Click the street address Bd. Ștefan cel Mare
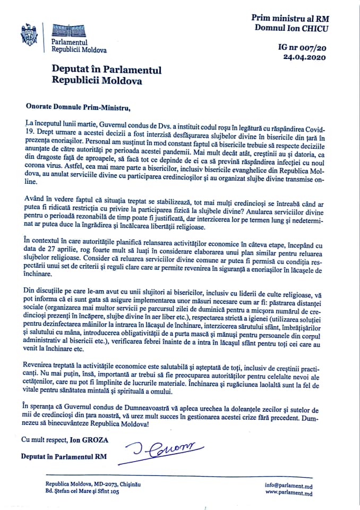tap(75, 492)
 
